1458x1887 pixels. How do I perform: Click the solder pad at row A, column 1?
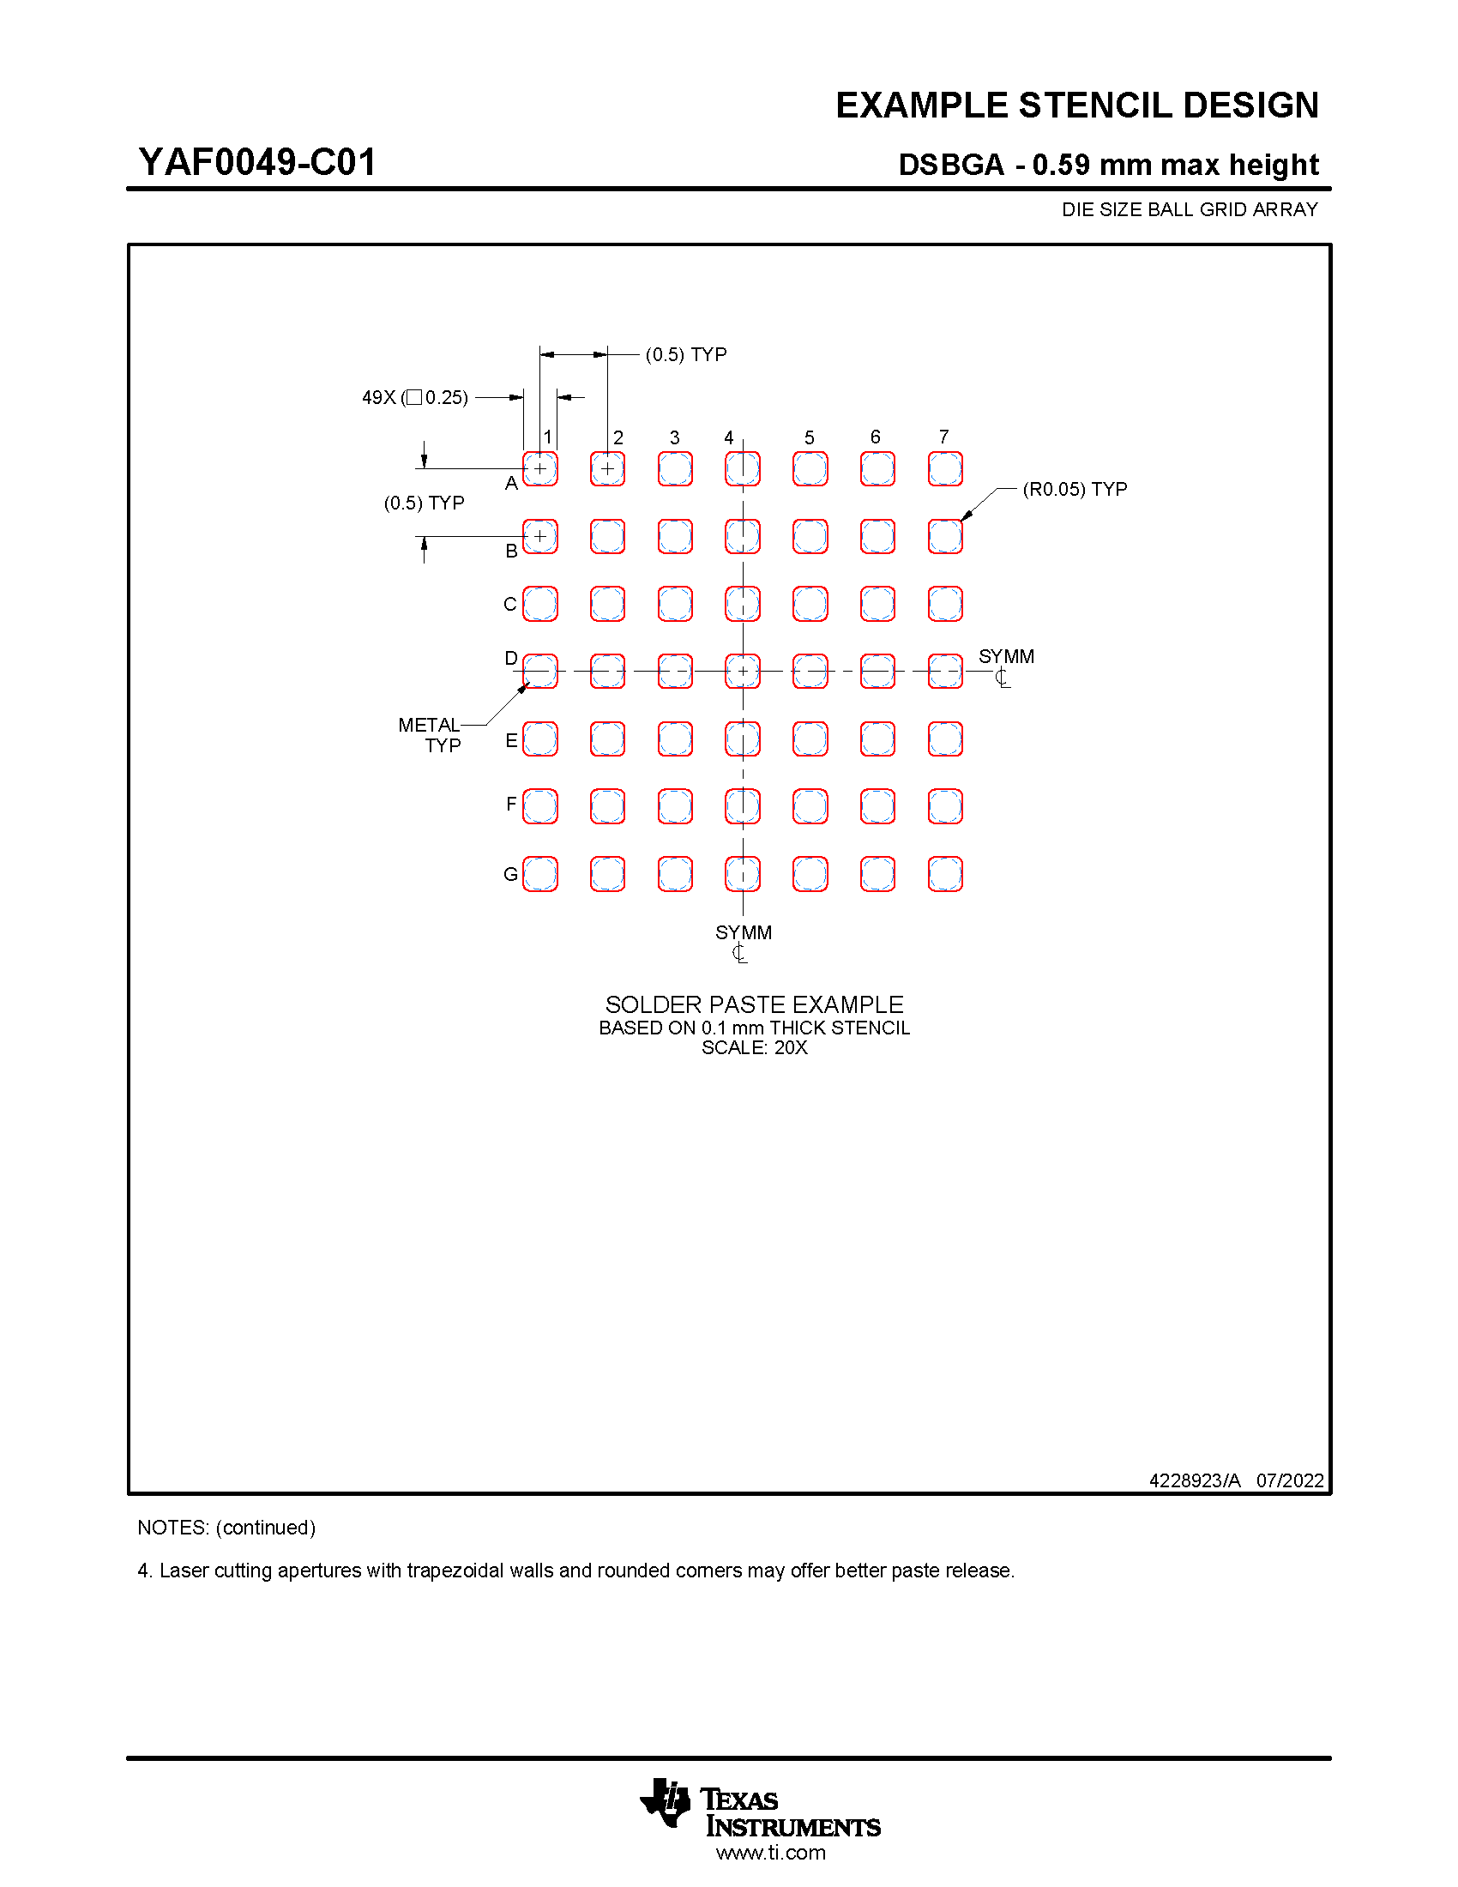539,468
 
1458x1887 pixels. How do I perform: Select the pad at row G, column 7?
945,873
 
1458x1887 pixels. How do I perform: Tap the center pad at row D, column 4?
743,671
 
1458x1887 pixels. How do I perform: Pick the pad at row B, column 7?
945,536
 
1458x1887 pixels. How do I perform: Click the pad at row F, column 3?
675,806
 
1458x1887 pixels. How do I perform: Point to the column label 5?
810,437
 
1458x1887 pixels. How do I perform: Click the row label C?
510,604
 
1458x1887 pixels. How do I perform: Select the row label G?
510,874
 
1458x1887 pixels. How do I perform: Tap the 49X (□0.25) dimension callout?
414,397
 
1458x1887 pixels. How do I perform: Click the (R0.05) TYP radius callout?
1075,489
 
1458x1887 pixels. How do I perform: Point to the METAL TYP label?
431,734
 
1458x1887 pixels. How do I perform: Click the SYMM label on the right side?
1006,657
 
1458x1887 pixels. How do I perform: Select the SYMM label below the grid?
743,932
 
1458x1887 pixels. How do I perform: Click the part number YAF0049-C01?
257,162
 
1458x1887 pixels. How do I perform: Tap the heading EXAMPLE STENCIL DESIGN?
1076,106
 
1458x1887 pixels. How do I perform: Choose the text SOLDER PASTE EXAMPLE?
754,1004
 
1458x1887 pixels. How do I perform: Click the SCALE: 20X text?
754,1047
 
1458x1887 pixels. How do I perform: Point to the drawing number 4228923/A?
1195,1480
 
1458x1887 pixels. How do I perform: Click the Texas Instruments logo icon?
665,1802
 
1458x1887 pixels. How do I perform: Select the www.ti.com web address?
770,1853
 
